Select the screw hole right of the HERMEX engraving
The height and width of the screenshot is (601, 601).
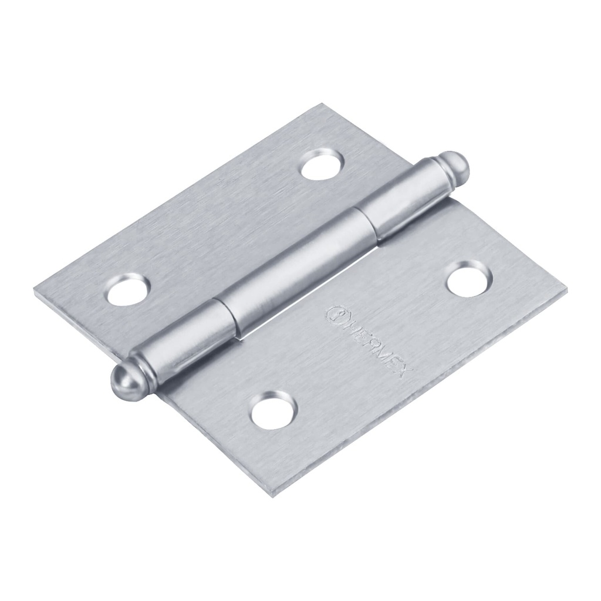tap(467, 278)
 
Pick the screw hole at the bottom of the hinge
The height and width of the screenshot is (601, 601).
tap(273, 410)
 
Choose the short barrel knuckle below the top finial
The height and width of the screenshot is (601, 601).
tap(399, 200)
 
